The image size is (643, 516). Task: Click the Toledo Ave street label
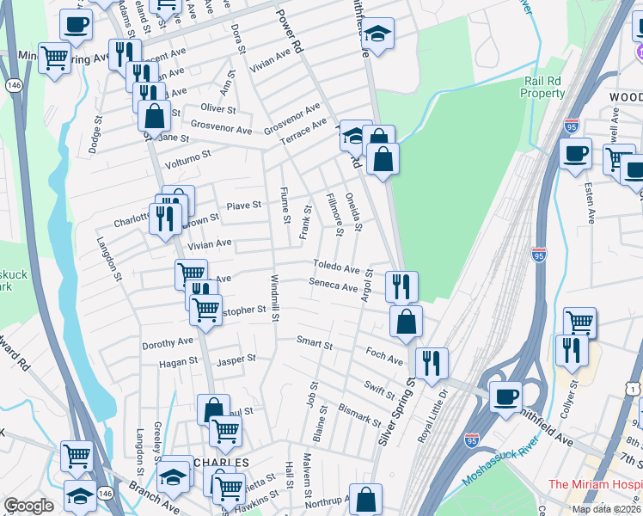(x=336, y=268)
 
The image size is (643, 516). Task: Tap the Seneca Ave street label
(x=334, y=286)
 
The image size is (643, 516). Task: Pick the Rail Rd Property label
(x=544, y=87)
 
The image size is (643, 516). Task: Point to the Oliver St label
(x=217, y=109)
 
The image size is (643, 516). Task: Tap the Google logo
(x=28, y=506)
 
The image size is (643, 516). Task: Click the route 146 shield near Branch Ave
(x=105, y=492)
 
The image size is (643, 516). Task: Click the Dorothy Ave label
(x=168, y=342)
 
